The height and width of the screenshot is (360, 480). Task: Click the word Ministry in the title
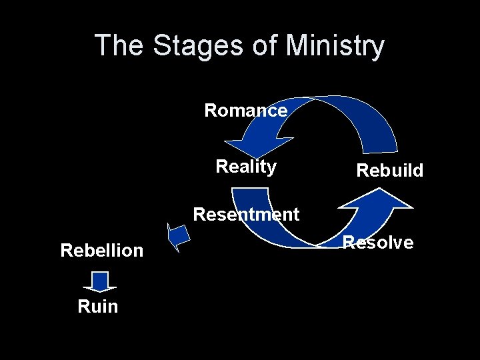click(334, 46)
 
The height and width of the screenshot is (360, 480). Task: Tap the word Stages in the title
click(194, 46)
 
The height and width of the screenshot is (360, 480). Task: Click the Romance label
click(245, 110)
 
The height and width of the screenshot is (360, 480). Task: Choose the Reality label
click(246, 166)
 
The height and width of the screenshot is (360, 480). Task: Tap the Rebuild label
click(390, 170)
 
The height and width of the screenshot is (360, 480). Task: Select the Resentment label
click(246, 214)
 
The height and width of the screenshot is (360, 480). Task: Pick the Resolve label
click(378, 242)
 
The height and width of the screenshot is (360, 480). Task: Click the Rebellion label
click(101, 250)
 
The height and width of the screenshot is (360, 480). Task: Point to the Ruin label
click(97, 306)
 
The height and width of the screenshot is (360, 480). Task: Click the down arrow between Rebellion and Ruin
click(100, 281)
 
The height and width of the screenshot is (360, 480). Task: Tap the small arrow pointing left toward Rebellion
click(178, 237)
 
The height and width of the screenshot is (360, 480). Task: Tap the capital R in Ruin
click(83, 306)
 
